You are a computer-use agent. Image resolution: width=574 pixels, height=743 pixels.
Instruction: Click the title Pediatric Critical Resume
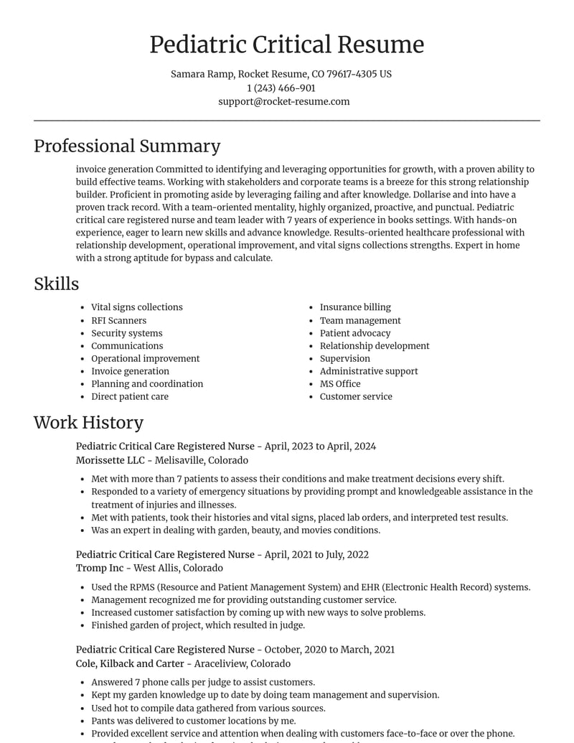point(286,45)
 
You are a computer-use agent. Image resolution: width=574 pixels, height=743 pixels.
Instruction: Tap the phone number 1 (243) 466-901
point(281,88)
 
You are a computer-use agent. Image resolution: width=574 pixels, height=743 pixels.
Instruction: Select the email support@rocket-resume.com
point(283,102)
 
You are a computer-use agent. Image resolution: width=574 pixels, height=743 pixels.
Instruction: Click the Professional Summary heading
point(127,146)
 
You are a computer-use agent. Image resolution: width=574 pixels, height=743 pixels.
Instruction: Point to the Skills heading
point(56,284)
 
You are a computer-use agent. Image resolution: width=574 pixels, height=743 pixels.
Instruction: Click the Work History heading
point(88,422)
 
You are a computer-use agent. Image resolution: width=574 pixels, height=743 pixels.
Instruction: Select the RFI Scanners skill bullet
point(118,321)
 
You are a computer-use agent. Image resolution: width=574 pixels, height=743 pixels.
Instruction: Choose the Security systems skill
point(126,333)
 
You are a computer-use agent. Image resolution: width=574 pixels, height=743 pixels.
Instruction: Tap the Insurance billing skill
point(355,307)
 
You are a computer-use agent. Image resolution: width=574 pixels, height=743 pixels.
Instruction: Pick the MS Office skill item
point(340,384)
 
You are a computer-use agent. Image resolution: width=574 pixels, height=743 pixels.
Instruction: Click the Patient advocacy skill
point(355,333)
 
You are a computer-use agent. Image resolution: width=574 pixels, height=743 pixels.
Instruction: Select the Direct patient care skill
point(130,396)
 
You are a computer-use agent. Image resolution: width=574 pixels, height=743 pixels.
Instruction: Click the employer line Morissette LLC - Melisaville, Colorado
point(162,460)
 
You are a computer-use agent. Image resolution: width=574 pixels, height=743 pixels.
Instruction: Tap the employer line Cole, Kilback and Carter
point(183,663)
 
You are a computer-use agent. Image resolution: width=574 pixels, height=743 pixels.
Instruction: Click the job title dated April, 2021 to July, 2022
point(222,554)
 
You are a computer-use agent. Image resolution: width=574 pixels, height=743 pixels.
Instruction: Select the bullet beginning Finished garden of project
point(197,625)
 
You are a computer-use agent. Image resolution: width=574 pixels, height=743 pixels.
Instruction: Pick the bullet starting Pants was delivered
point(193,721)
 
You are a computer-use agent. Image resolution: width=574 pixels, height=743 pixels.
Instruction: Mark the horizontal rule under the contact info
point(286,121)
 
